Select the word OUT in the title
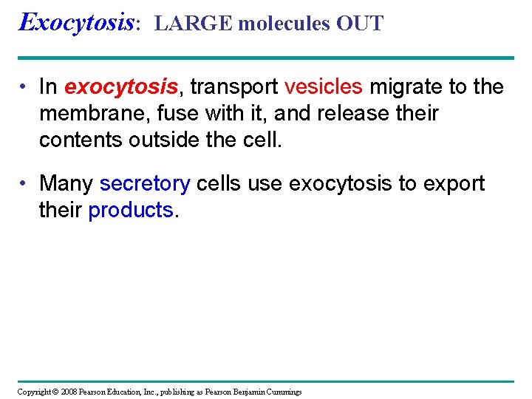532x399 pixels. pos(360,24)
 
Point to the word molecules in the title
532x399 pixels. pos(284,24)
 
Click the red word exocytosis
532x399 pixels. pos(121,87)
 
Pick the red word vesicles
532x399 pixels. pos(323,87)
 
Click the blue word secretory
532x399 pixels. pos(145,183)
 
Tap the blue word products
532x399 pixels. pos(130,210)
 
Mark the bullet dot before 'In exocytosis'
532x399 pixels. pos(25,88)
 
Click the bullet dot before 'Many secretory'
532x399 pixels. pos(25,184)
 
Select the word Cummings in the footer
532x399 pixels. pos(283,392)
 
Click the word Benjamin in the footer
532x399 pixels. pos(246,392)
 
